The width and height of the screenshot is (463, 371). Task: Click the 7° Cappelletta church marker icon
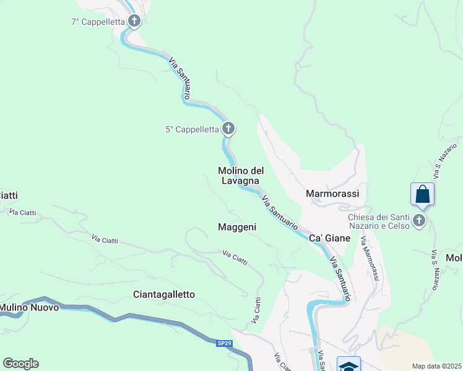point(134,22)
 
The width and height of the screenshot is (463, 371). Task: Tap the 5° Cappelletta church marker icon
point(228,129)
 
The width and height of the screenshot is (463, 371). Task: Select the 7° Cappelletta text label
point(98,22)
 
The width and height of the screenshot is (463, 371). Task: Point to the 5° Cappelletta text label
point(193,129)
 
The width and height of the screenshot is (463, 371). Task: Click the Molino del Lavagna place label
point(241,176)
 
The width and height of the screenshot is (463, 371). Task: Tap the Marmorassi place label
point(333,194)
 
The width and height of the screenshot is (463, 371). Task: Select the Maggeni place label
point(237,227)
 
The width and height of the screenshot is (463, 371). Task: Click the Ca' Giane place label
point(326,238)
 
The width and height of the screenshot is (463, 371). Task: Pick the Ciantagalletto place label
point(164,294)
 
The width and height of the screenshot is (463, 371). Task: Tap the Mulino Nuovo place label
point(29,307)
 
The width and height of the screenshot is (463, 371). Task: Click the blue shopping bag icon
point(423,194)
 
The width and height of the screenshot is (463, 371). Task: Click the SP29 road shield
point(224,343)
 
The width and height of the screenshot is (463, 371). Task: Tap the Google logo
point(20,364)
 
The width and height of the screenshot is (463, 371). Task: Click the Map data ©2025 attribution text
point(437,365)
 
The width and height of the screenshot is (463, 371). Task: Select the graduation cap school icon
point(348,365)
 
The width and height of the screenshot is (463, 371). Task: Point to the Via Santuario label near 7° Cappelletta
point(180,77)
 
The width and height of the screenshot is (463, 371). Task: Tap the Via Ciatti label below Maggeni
point(235,258)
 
